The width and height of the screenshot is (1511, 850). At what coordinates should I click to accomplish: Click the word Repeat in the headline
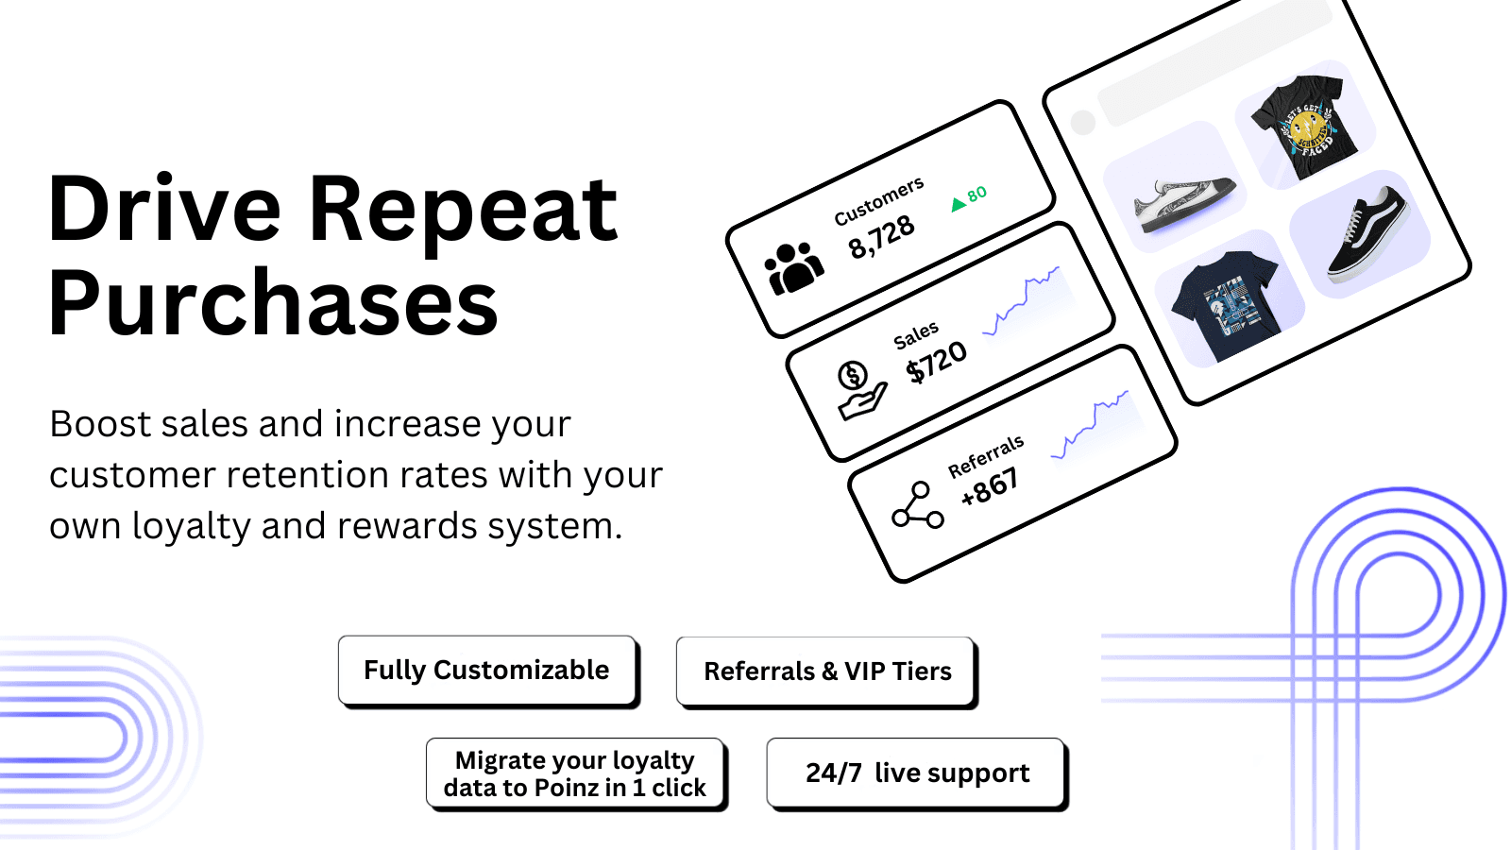(463, 210)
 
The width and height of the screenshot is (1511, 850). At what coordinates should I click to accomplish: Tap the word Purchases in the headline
(273, 303)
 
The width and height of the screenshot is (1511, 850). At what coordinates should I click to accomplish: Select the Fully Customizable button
(486, 671)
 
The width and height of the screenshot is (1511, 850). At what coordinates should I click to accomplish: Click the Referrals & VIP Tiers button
(827, 671)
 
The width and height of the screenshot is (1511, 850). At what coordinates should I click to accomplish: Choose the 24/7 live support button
(916, 773)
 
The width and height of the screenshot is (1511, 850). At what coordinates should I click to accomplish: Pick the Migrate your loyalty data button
(575, 773)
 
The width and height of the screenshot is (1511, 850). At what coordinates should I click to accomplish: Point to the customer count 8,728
(881, 236)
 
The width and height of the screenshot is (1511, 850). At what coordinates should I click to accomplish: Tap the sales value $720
(936, 361)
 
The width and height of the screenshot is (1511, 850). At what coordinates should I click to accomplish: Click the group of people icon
(793, 269)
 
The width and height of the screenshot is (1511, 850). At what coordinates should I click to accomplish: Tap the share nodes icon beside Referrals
(917, 505)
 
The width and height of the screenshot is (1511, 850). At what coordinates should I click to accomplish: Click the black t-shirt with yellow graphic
(1305, 127)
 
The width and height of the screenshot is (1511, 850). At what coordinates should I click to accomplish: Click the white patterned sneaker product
(1184, 202)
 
